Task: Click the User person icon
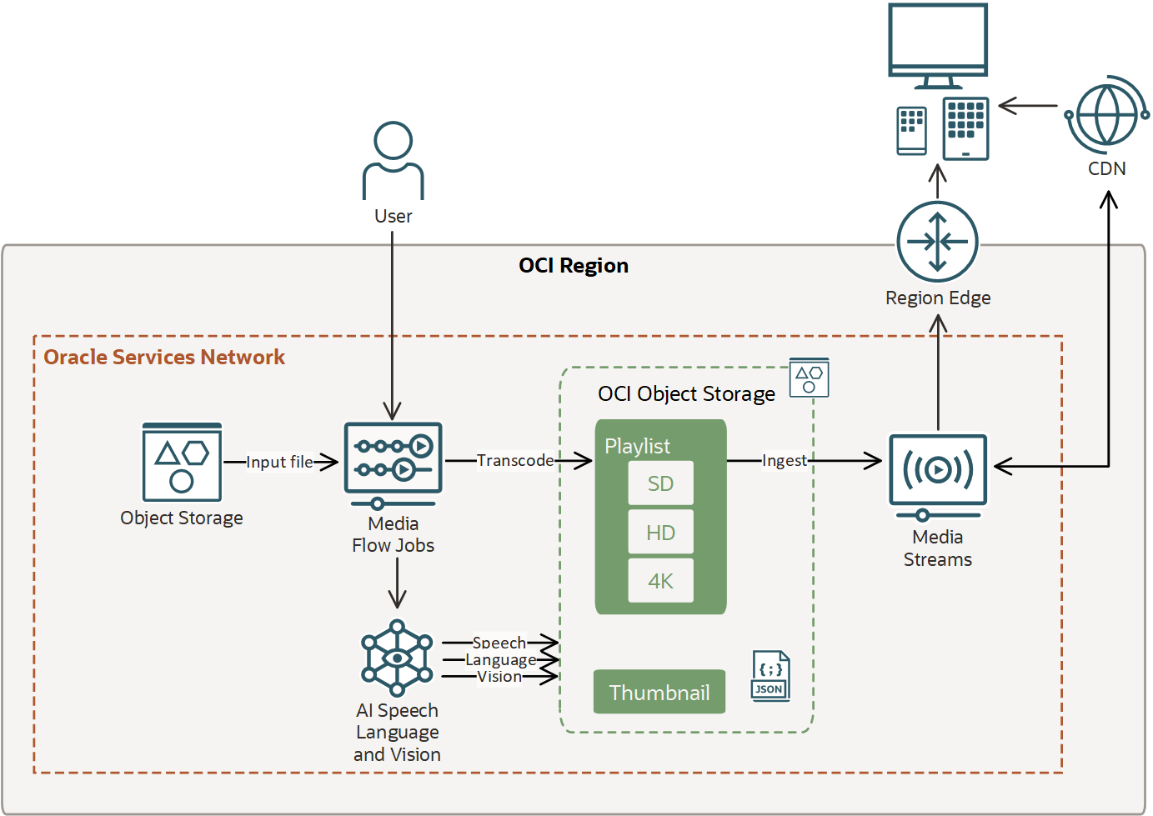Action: point(393,160)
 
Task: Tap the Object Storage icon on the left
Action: point(182,463)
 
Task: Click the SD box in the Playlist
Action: point(660,483)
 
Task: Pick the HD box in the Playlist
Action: point(660,533)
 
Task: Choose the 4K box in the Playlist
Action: point(660,581)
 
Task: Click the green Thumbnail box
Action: point(659,692)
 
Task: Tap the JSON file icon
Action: point(770,676)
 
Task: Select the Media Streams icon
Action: point(938,473)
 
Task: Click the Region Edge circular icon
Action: point(938,243)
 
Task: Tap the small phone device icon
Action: point(911,131)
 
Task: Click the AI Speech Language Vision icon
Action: point(397,658)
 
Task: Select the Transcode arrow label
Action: point(514,460)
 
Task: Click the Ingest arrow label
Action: point(784,460)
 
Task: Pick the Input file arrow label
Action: point(279,462)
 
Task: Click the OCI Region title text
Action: point(574,266)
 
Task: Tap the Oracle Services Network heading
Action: point(164,357)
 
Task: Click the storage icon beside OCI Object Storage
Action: point(809,379)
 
